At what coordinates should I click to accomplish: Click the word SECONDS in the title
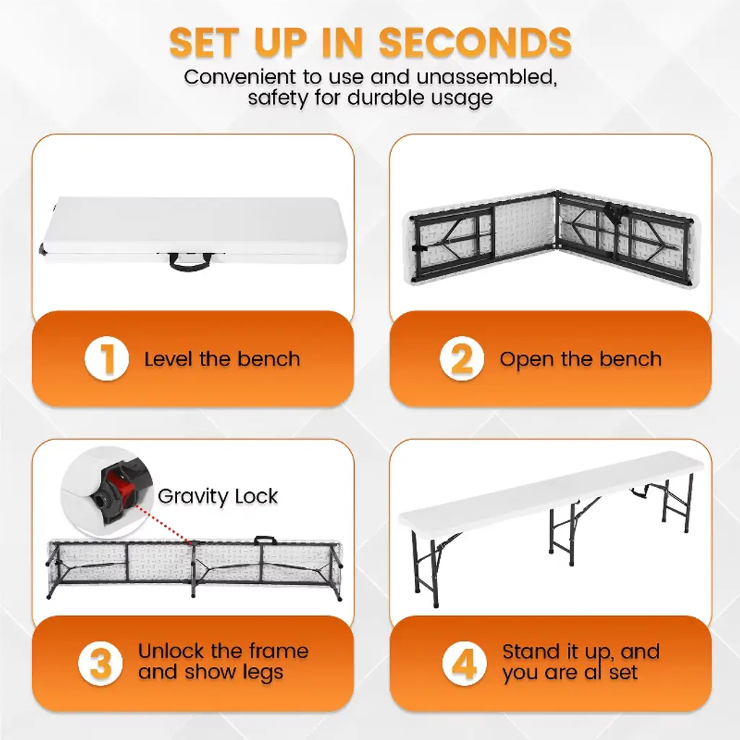click(x=476, y=43)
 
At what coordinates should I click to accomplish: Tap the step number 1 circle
click(x=107, y=358)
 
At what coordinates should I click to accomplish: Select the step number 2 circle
click(x=462, y=358)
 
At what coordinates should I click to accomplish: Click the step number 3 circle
click(x=100, y=663)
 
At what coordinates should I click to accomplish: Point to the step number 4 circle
click(x=465, y=663)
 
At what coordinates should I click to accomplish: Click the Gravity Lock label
click(x=218, y=496)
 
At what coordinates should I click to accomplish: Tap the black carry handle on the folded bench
click(x=191, y=261)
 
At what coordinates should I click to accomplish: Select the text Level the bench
click(x=222, y=359)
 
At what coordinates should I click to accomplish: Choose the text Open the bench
click(x=580, y=360)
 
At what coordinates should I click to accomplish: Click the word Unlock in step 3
click(x=171, y=651)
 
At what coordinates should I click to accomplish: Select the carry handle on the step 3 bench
click(x=264, y=541)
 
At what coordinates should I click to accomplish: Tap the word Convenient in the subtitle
click(x=240, y=77)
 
